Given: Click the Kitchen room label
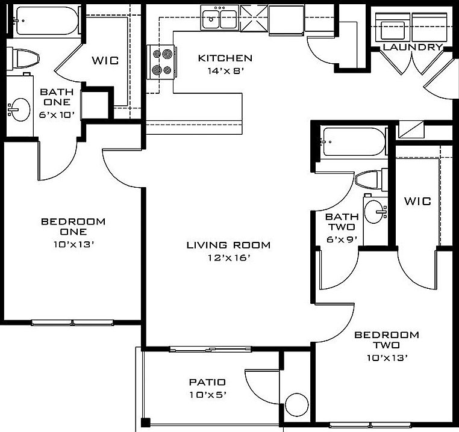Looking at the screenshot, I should [x=225, y=58].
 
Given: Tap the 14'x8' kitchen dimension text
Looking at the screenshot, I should [x=225, y=71].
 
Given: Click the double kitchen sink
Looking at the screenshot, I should [x=219, y=19].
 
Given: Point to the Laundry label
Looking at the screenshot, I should [x=413, y=47].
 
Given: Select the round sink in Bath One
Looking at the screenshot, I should [x=20, y=109].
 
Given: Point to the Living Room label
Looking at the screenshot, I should [x=228, y=245].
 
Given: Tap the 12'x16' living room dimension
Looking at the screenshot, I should [x=228, y=258].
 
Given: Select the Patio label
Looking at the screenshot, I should [x=207, y=382].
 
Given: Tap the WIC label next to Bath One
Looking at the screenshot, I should [x=104, y=61].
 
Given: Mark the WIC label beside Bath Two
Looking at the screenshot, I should [x=417, y=201].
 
